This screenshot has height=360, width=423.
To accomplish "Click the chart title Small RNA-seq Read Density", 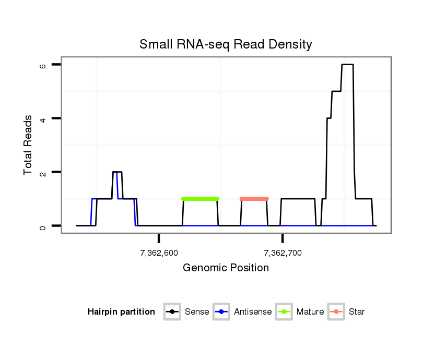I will point(226,44).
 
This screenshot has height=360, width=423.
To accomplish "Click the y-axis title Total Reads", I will point(29,145).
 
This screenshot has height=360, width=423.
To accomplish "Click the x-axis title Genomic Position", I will point(226,268).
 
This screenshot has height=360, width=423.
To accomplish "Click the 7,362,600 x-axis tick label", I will point(159,253).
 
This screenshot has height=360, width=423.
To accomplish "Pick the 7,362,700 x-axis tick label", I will point(283,253).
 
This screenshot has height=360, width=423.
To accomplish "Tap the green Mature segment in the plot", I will point(200,199).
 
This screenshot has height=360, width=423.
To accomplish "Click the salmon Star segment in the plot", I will point(254,199).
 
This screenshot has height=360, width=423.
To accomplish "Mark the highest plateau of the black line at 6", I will point(347,65).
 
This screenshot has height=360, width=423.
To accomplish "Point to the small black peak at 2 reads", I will point(118,172).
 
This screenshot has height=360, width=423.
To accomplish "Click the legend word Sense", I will point(197,312).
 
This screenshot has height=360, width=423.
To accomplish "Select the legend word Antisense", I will point(253,312).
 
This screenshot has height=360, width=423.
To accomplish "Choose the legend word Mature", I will point(310,312).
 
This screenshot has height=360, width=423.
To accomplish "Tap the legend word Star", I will point(357,312).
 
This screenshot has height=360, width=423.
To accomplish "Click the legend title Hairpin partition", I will point(121,312).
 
